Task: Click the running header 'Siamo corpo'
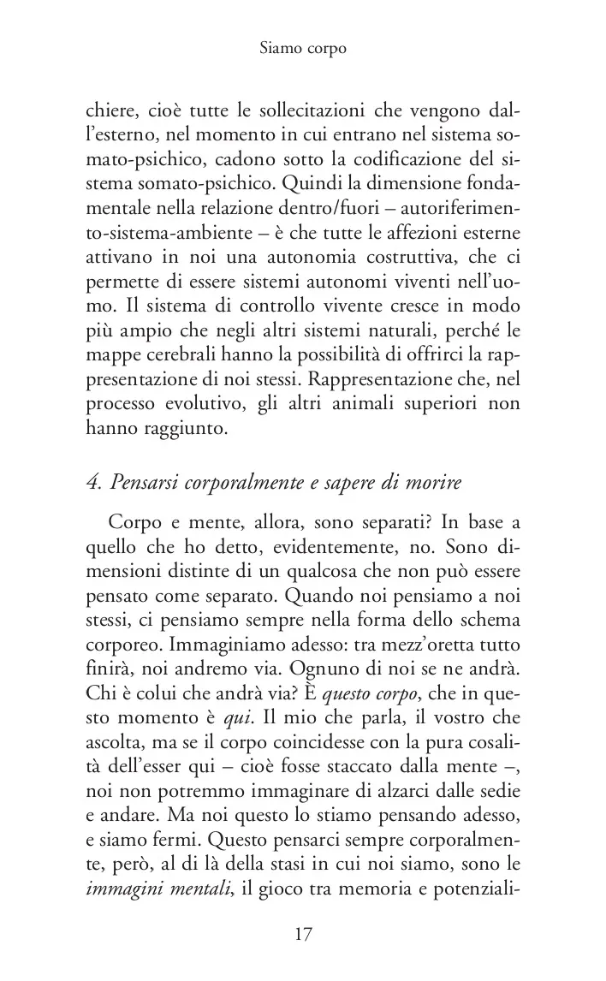tap(302, 49)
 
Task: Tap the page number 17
tap(303, 935)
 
